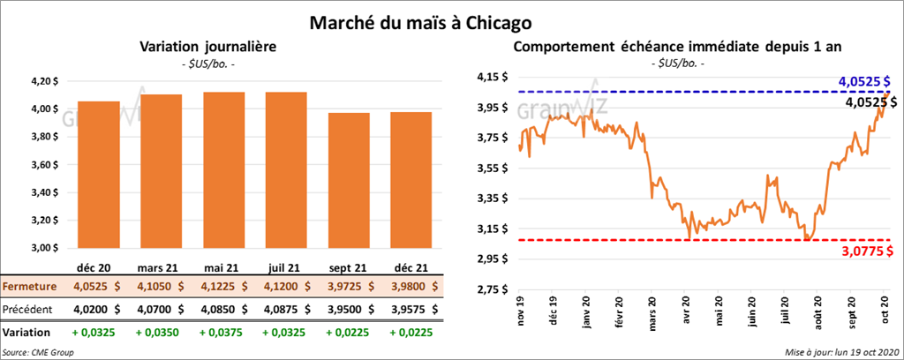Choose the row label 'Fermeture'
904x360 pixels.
(29, 287)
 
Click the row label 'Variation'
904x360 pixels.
(26, 333)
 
